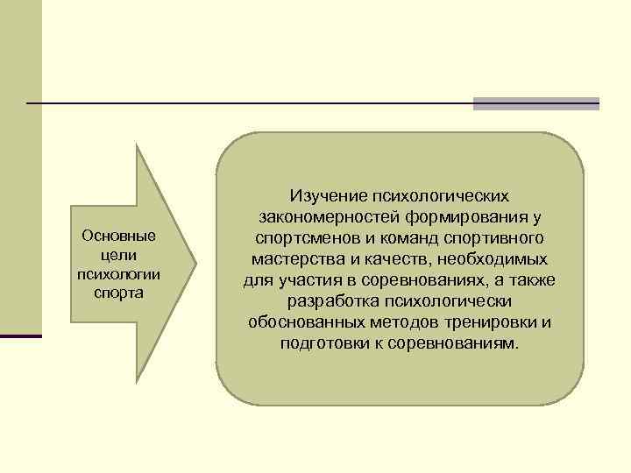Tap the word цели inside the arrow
click(117, 254)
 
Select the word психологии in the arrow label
click(117, 272)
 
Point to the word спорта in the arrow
click(117, 291)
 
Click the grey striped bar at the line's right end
click(535, 103)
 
